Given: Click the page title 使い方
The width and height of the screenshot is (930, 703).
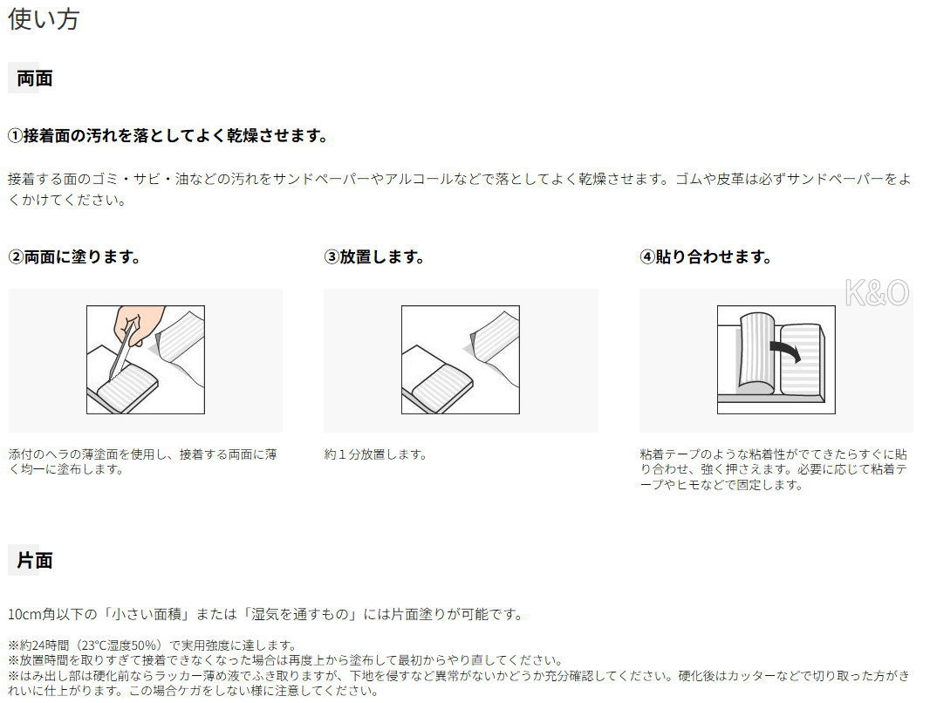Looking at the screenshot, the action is click(44, 19).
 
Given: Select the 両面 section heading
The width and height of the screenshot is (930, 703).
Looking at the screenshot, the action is click(35, 78).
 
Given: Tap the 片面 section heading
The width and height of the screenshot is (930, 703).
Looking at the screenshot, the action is click(35, 560).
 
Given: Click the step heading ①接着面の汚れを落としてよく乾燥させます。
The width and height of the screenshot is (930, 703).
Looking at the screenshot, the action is click(168, 136).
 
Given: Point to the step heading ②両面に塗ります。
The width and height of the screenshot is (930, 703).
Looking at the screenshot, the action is click(74, 256).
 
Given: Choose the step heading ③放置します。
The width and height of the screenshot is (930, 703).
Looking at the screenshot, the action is click(374, 256).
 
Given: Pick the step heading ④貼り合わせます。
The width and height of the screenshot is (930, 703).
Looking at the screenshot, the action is click(706, 256).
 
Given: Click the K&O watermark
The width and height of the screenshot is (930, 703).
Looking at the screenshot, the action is click(877, 293).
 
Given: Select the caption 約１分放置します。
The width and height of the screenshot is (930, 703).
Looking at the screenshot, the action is click(375, 454).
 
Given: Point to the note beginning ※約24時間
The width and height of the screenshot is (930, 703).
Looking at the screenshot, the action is click(152, 645).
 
